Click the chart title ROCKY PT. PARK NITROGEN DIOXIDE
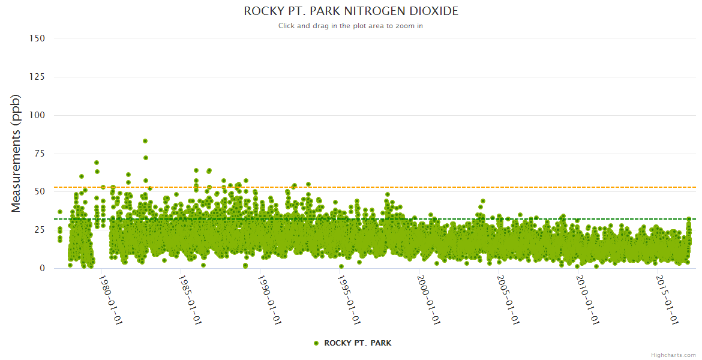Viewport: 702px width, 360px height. pyautogui.click(x=351, y=11)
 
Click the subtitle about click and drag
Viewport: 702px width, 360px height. pyautogui.click(x=351, y=26)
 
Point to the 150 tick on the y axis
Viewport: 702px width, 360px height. pyautogui.click(x=37, y=38)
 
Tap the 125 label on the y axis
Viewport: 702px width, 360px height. pyautogui.click(x=37, y=77)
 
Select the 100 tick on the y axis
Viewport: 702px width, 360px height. pyautogui.click(x=37, y=115)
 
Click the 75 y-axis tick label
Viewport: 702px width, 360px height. pyautogui.click(x=39, y=154)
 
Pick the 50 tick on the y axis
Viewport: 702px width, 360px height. pyautogui.click(x=39, y=192)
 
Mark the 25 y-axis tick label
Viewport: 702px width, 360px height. pyautogui.click(x=39, y=230)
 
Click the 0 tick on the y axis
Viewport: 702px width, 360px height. pyautogui.click(x=42, y=268)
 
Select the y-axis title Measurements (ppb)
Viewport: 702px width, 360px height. pyautogui.click(x=16, y=153)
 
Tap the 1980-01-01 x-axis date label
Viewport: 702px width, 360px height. pyautogui.click(x=110, y=300)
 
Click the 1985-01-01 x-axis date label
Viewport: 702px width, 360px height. pyautogui.click(x=190, y=300)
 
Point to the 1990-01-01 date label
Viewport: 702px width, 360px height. pyautogui.click(x=269, y=300)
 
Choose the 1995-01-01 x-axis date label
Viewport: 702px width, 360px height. pyautogui.click(x=349, y=300)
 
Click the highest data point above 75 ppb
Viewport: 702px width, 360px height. pyautogui.click(x=145, y=141)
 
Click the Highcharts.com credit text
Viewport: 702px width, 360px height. pyautogui.click(x=673, y=355)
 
